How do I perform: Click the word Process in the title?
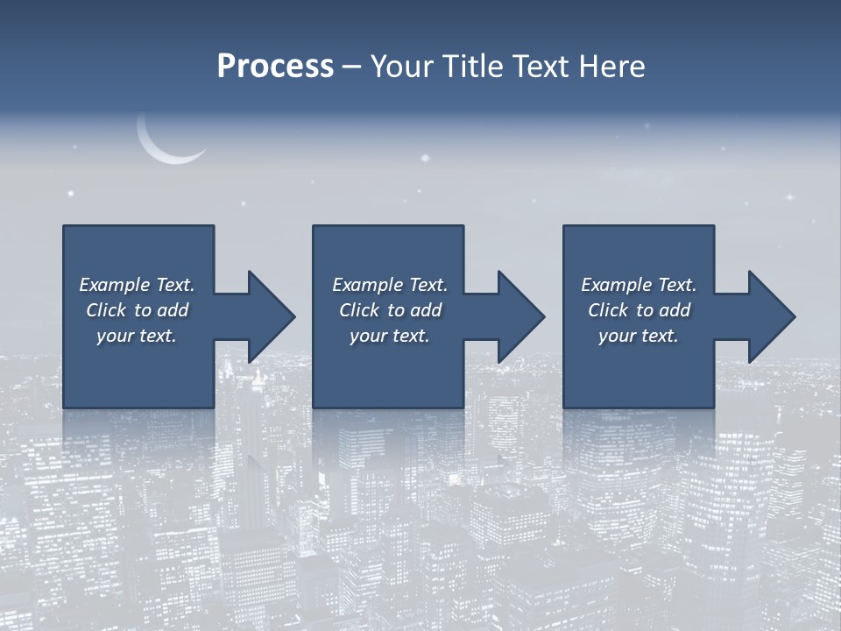tap(275, 67)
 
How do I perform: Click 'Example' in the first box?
tap(115, 285)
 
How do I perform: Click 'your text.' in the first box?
tap(137, 336)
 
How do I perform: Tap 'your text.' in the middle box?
tap(390, 336)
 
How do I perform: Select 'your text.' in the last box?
tap(639, 336)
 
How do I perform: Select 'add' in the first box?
tap(173, 310)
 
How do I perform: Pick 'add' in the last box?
tap(675, 310)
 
